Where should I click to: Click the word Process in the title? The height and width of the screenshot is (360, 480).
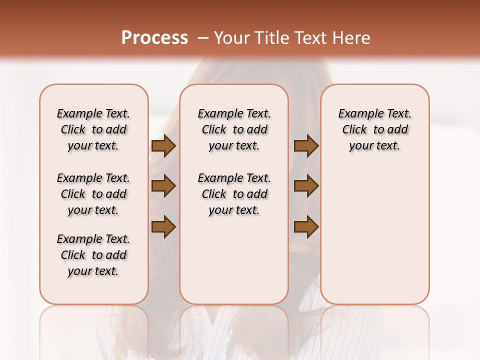154,38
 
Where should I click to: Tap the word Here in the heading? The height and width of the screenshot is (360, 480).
351,38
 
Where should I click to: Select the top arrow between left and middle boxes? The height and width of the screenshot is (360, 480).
163,146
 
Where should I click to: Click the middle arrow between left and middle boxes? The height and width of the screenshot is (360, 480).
163,186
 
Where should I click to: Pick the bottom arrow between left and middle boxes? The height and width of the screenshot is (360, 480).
163,226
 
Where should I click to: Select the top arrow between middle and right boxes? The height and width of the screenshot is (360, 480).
306,146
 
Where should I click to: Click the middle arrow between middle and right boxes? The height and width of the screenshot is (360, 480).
306,186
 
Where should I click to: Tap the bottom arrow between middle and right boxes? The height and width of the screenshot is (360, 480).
306,226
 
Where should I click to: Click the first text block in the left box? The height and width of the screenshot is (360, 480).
93,129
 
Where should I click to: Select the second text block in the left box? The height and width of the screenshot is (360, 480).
93,194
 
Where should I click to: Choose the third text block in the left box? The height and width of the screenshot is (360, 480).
93,255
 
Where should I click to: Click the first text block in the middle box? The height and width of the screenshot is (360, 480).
234,129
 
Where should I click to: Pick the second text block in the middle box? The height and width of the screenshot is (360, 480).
234,194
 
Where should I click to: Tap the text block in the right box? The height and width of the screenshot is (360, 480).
375,129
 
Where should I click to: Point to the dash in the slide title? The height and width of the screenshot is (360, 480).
203,38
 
